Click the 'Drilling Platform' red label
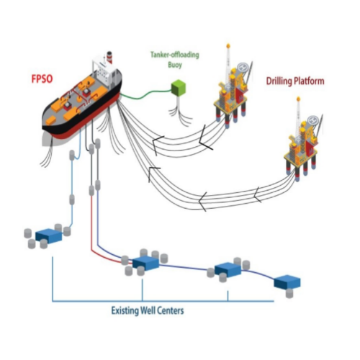coord(294,81)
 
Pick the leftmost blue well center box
coord(49,235)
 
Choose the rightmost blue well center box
coord(290,282)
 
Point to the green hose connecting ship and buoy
coord(148,94)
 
